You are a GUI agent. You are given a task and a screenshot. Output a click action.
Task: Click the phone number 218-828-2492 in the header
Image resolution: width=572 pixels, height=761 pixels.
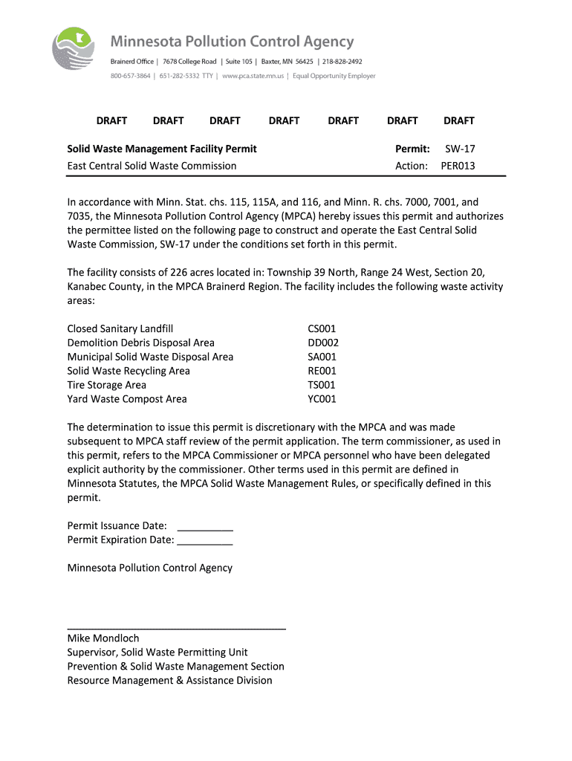tap(342, 61)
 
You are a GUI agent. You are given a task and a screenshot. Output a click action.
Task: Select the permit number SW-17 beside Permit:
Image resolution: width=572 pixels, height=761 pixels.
tap(460, 149)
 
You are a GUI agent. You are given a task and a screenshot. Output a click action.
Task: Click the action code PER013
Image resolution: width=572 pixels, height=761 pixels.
tap(458, 166)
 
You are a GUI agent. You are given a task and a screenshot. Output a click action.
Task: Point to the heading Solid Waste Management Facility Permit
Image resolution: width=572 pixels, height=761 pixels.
tap(162, 149)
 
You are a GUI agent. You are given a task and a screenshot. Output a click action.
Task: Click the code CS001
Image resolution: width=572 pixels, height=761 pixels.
tap(322, 328)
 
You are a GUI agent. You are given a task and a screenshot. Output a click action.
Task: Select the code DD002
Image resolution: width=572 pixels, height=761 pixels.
tap(323, 343)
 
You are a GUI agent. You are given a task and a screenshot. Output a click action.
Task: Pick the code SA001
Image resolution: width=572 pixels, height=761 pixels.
tap(322, 357)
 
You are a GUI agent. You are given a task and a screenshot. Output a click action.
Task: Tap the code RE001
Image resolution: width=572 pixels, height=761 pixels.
tap(322, 371)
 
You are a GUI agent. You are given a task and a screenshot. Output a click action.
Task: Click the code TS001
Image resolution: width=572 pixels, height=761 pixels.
tap(322, 385)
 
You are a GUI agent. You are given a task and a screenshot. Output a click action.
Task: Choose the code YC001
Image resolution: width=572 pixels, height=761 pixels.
tap(322, 399)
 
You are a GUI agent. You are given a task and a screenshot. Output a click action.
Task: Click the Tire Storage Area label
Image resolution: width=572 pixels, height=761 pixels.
tap(107, 385)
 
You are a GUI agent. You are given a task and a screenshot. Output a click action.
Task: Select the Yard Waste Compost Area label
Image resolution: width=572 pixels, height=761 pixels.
tap(127, 399)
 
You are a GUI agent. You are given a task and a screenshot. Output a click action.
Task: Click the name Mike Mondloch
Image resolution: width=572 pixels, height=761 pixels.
tap(103, 638)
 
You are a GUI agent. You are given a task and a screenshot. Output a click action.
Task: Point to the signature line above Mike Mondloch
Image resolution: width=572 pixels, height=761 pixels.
tap(177, 629)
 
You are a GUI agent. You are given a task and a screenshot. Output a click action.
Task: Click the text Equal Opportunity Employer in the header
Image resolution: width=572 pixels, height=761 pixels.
tap(334, 76)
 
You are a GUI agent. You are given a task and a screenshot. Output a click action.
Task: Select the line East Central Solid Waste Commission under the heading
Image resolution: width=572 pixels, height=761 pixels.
tap(152, 166)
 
